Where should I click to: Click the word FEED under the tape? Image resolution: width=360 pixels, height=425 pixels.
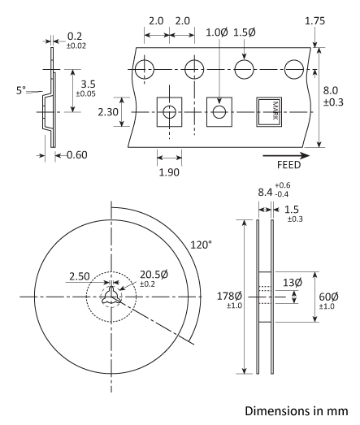click(x=284, y=163)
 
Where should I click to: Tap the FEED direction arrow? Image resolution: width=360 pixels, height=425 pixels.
click(x=284, y=153)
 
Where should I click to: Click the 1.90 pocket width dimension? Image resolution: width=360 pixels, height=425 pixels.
click(x=170, y=171)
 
